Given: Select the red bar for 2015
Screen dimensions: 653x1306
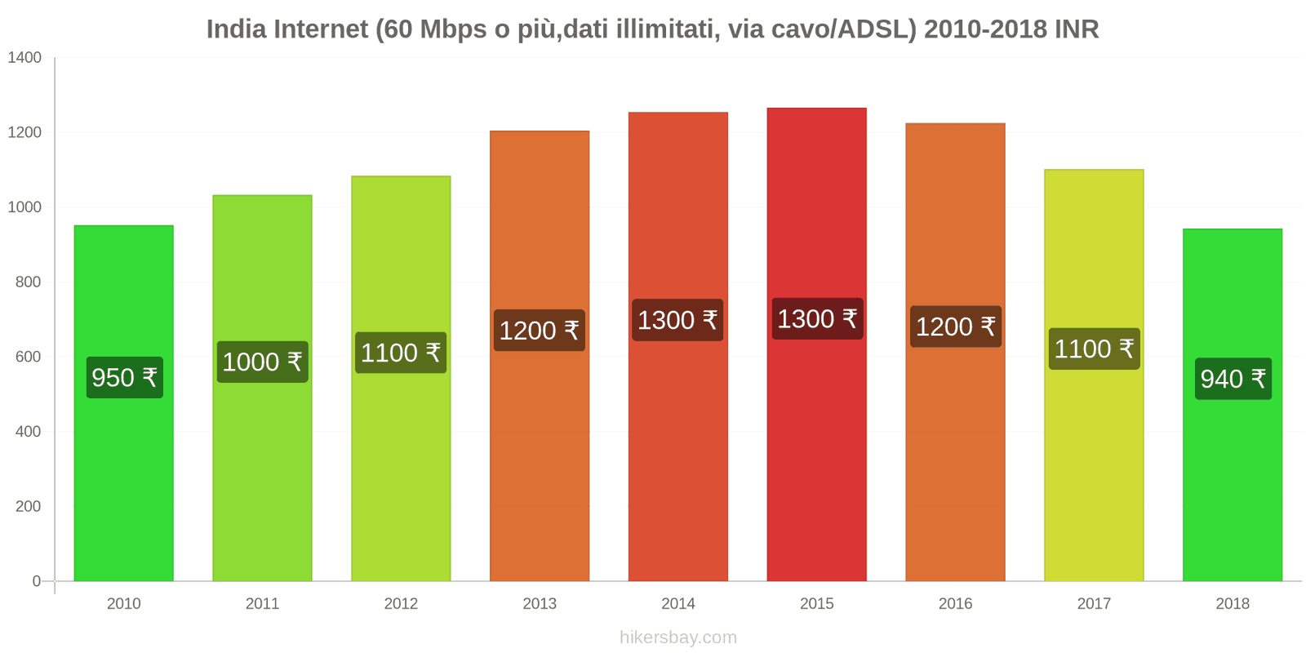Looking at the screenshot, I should (816, 457).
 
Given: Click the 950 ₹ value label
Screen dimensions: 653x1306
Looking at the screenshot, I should (124, 378).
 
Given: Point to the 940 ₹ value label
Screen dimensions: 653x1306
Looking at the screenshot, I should (1233, 379).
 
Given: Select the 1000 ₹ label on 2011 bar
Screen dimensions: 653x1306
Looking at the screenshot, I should (262, 362).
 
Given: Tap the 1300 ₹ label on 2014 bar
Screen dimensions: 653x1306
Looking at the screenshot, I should (677, 320).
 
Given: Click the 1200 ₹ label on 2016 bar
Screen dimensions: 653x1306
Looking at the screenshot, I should (955, 326).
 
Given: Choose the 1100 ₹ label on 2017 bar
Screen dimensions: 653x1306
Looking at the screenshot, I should (1094, 349).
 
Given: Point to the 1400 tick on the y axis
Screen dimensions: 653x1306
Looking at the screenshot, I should (24, 58).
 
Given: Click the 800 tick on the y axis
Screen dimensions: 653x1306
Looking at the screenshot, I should (28, 282).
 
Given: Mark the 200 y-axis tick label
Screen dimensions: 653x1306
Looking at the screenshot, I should (28, 506).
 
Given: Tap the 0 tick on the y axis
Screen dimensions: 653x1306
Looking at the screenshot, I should (36, 581).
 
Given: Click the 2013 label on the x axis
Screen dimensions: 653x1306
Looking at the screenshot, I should (540, 603).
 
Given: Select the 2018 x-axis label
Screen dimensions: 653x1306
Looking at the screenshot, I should (1233, 603).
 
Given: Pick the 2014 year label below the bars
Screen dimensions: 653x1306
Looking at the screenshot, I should (677, 603).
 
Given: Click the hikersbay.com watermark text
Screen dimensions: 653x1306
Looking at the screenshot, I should (677, 637).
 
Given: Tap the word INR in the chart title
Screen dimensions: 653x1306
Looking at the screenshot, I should (1077, 29).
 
